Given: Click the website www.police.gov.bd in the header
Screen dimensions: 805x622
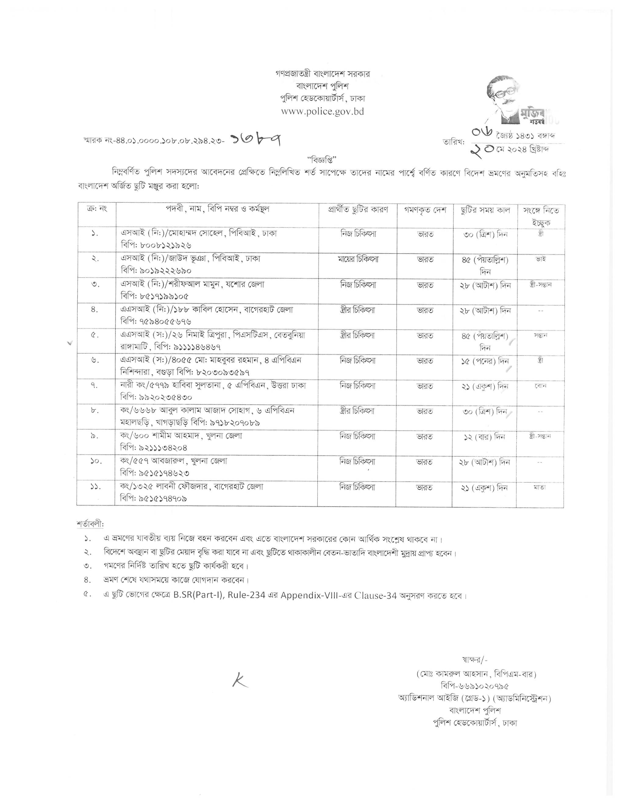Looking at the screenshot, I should pyautogui.click(x=322, y=112).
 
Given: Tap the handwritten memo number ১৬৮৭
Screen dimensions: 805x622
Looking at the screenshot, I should pyautogui.click(x=256, y=140).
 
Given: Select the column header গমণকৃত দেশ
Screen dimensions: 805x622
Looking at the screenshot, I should pyautogui.click(x=425, y=210).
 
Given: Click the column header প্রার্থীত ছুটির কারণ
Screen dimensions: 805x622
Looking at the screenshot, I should pyautogui.click(x=358, y=210).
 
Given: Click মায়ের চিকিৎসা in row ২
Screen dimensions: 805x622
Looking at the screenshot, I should pyautogui.click(x=358, y=259).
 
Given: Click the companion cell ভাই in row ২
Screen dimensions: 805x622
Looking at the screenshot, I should pyautogui.click(x=541, y=259).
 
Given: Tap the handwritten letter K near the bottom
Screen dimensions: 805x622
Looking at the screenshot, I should pyautogui.click(x=240, y=682).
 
